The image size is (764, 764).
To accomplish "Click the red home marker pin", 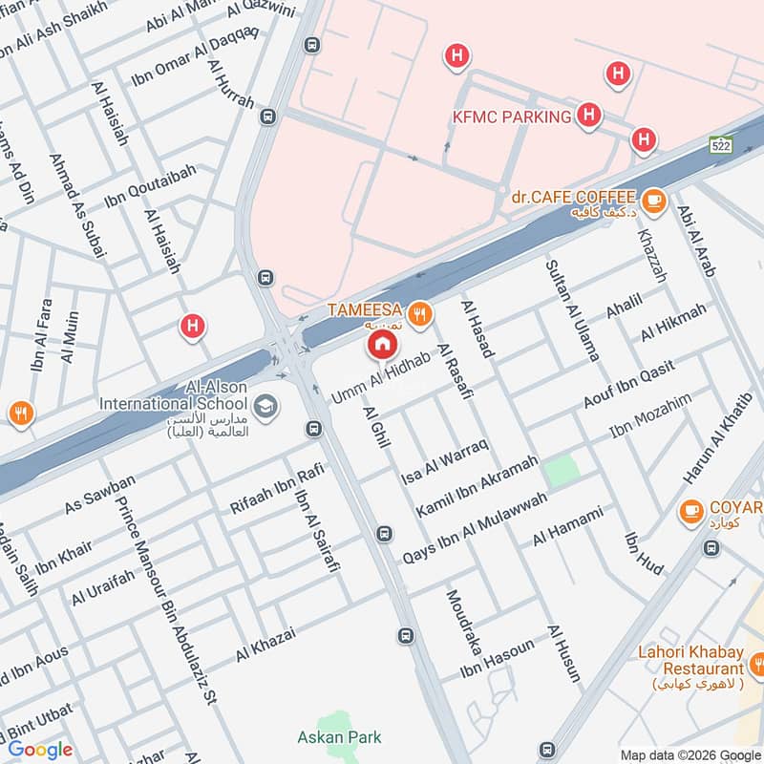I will click(x=382, y=344).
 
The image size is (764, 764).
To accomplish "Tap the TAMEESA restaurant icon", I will click(x=417, y=312).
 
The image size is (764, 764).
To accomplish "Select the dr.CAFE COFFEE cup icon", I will click(x=653, y=199).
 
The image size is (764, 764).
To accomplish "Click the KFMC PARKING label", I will click(x=512, y=117).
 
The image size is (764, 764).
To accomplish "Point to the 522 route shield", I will click(x=720, y=144).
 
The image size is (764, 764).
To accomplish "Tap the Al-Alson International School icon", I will click(x=267, y=407).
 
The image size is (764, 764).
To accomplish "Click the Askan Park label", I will click(x=339, y=736).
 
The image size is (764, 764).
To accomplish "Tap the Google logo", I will click(x=41, y=749).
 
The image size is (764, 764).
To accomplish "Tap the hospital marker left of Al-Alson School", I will click(x=193, y=328).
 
